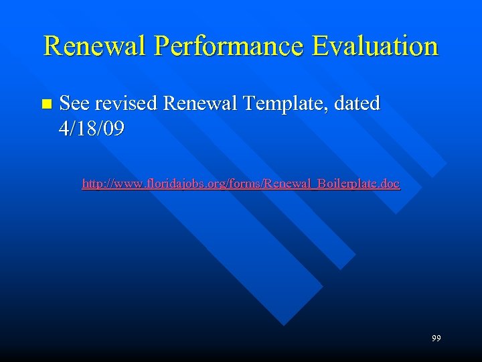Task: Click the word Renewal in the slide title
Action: tap(94, 46)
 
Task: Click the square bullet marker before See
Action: tap(46, 104)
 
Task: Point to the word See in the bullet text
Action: tap(74, 104)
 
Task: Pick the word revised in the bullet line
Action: tap(127, 104)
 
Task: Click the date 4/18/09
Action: tap(92, 127)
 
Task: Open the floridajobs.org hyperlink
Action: tap(241, 182)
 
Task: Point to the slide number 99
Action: tap(436, 339)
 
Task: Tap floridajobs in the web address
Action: tap(158, 182)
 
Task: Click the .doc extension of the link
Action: tap(390, 182)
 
